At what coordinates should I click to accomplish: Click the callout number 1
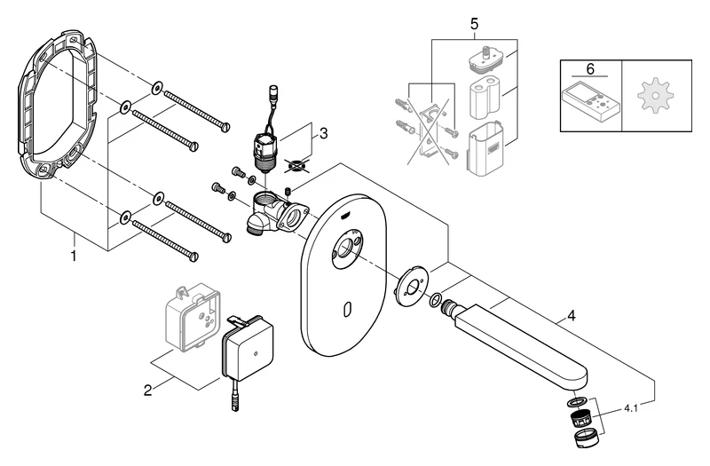tap(74, 256)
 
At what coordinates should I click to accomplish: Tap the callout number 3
tap(324, 134)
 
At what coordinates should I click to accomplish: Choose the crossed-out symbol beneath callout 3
tap(298, 164)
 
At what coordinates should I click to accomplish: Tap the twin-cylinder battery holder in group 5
tap(484, 99)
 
